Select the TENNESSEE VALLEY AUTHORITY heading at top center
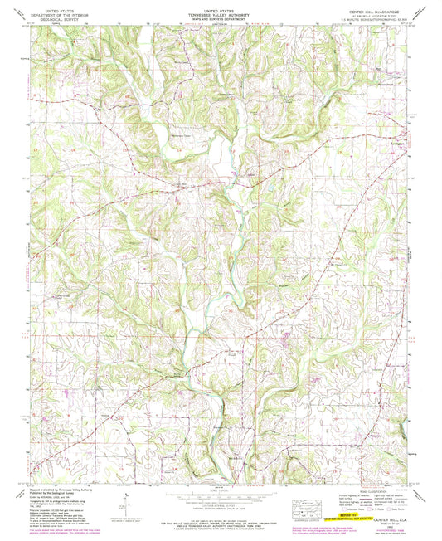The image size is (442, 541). [219, 11]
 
